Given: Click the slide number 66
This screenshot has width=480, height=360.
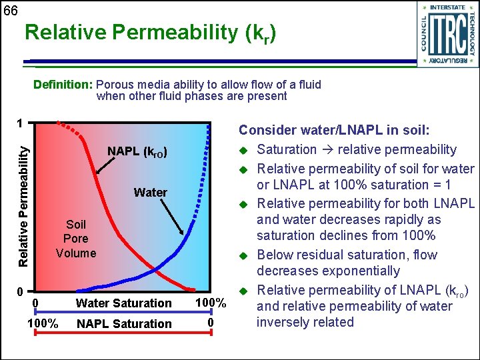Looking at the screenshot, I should (x=11, y=10).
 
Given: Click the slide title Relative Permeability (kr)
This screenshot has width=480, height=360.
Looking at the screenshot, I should (x=149, y=33).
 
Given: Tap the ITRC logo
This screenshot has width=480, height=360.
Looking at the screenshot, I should (x=447, y=34).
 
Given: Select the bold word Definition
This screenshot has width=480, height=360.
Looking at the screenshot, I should (x=63, y=85).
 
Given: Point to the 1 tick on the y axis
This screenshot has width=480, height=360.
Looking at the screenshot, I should (x=21, y=123).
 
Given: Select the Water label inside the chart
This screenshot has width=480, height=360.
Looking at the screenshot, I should (x=150, y=193).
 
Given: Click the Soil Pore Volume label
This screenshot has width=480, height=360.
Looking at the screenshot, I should (x=76, y=239).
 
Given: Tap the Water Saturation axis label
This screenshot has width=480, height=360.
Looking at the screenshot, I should (x=123, y=303).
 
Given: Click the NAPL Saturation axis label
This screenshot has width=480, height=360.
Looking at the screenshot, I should (x=124, y=324).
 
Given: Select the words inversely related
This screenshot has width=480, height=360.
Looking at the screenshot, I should (x=305, y=323).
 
